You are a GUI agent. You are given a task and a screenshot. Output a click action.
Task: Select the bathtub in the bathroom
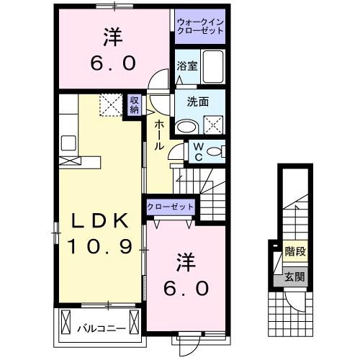point(213,67)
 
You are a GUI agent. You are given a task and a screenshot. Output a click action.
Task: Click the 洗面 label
point(199,102)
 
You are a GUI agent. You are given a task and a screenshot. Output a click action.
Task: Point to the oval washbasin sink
point(186,126)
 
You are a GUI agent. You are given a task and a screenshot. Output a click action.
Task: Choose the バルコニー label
point(101,328)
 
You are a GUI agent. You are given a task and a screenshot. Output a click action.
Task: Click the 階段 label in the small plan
point(294,252)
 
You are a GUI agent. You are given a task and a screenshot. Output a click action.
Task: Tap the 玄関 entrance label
point(294,276)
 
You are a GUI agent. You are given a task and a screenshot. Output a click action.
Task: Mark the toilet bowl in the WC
point(220,151)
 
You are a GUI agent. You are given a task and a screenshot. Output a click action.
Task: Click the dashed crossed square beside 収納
point(110,107)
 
